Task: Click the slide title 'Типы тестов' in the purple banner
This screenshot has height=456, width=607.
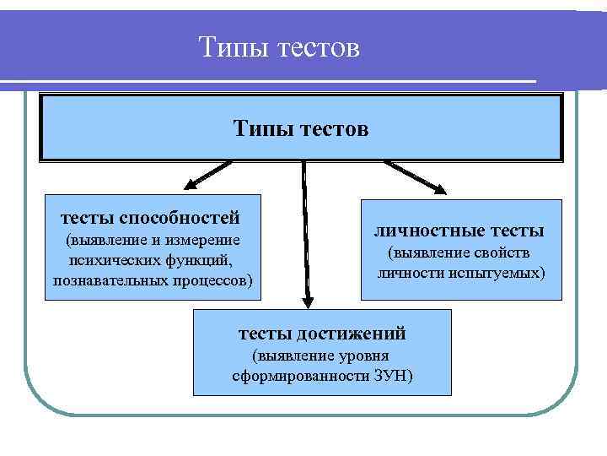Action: point(280,47)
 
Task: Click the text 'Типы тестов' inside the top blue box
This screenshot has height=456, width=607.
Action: point(301,129)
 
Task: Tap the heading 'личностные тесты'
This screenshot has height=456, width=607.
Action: point(459,230)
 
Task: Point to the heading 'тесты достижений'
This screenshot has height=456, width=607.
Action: point(323,334)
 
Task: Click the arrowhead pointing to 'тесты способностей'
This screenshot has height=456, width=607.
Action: point(193,183)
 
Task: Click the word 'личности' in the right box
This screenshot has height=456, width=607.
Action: point(415,274)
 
